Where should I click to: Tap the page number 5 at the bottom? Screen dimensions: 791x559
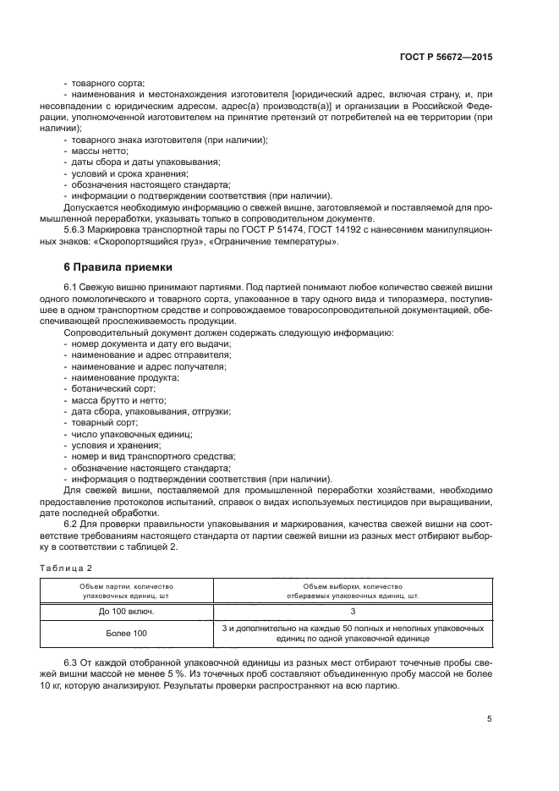(490, 719)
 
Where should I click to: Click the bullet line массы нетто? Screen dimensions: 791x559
(96, 150)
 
